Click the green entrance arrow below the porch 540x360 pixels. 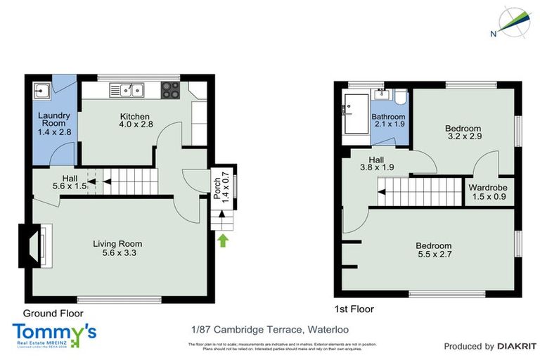[223, 241]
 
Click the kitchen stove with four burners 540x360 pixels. [171, 89]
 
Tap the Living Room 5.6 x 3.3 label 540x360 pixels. [117, 248]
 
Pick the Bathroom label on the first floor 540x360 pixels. [388, 120]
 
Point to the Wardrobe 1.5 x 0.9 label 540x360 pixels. [488, 193]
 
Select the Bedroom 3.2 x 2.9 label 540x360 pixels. [463, 133]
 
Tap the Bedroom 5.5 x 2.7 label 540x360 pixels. [434, 250]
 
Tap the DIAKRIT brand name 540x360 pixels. [517, 347]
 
